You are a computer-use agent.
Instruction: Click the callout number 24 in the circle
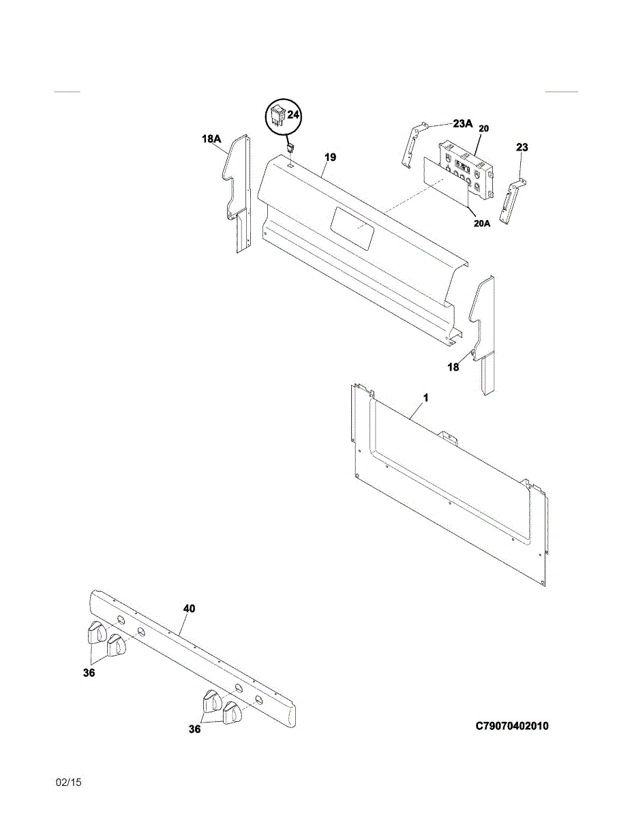[x=293, y=115]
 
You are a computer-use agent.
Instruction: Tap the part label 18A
[x=211, y=139]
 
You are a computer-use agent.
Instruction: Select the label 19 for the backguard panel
[x=330, y=157]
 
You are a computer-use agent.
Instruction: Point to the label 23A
[x=462, y=123]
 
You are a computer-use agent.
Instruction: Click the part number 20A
[x=482, y=222]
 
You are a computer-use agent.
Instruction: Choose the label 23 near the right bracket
[x=522, y=147]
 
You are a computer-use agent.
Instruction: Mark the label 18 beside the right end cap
[x=453, y=367]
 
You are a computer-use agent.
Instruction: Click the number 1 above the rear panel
[x=425, y=397]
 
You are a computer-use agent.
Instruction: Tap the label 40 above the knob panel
[x=189, y=608]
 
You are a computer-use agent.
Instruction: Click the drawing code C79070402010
[x=511, y=725]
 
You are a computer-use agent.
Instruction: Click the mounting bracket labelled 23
[x=510, y=201]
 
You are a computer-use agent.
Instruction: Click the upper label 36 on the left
[x=88, y=673]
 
